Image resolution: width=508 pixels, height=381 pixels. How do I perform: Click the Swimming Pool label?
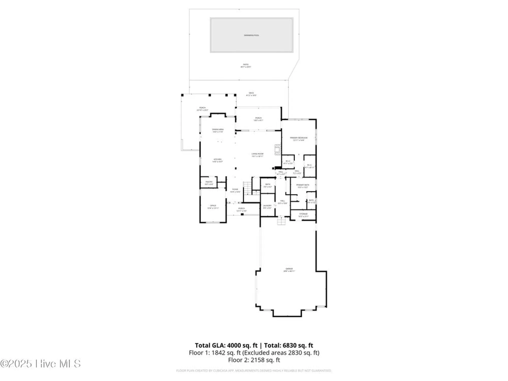tap(251, 35)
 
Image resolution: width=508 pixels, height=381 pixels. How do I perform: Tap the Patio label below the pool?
tap(246, 66)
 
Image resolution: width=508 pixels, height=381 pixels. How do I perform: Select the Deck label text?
tap(251, 94)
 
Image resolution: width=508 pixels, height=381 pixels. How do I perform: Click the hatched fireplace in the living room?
tap(278, 150)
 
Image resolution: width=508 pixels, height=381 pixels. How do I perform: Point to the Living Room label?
tap(257, 155)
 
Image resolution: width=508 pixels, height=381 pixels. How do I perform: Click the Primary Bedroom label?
tap(298, 139)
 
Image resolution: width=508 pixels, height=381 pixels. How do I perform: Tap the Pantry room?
tap(209, 183)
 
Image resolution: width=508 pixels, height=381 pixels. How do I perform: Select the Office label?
tap(213, 207)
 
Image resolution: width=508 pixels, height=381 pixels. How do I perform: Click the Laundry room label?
tap(267, 207)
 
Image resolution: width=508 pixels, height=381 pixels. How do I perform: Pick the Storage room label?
tap(303, 215)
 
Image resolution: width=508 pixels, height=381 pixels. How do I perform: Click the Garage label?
tap(289, 270)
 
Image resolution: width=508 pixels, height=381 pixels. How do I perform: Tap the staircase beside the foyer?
tap(248, 188)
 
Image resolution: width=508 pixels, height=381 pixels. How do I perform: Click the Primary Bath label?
tap(303, 186)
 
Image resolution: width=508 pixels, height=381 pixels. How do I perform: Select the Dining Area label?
tap(218, 131)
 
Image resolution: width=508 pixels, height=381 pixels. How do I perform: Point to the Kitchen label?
tap(217, 160)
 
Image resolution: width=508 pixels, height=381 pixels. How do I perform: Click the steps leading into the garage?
tap(281, 221)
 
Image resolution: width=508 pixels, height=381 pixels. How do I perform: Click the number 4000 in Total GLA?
tap(234, 345)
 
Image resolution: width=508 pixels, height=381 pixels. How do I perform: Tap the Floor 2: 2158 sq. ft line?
tap(254, 360)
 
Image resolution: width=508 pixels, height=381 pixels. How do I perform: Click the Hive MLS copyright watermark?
tap(41, 364)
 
